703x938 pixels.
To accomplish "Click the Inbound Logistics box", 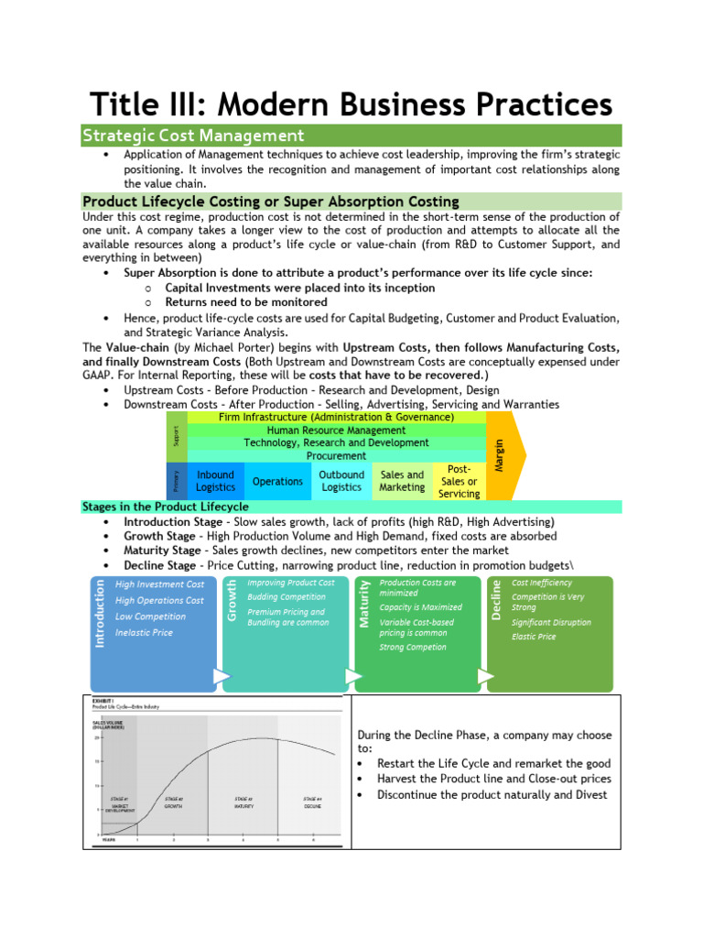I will tap(215, 481).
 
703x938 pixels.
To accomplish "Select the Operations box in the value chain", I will tap(277, 481).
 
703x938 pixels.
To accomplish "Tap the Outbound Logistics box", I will tap(341, 481).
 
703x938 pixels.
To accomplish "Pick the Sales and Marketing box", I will tap(402, 481).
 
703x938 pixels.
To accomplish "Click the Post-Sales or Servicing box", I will tap(459, 481).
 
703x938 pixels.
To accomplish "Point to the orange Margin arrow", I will tap(502, 455).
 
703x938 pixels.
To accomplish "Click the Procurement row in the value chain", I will tap(336, 455).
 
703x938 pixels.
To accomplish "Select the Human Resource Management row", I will tap(336, 430).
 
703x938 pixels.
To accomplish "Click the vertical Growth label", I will tap(233, 600).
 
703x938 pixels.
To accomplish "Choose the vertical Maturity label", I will tap(364, 604).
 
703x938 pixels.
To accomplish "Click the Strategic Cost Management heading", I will tap(193, 136).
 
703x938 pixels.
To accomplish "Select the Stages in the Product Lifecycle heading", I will tap(166, 507).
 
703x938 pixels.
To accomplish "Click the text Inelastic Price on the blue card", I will tap(144, 633).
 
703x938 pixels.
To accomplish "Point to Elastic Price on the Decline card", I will tap(534, 637).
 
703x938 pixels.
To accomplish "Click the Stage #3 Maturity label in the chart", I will tap(243, 802).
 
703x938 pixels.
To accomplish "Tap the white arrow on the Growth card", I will tap(352, 676).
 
